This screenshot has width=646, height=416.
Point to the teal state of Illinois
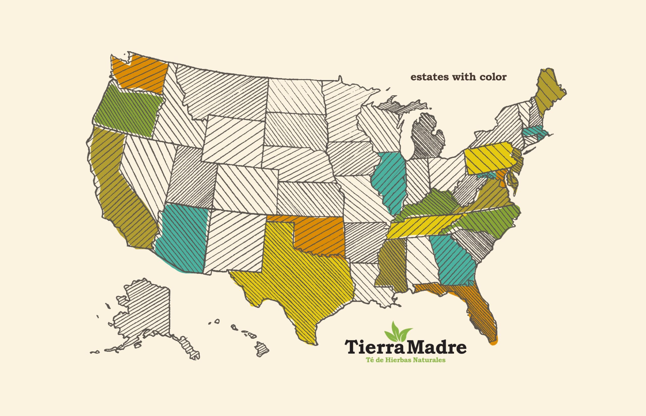[389, 181]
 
